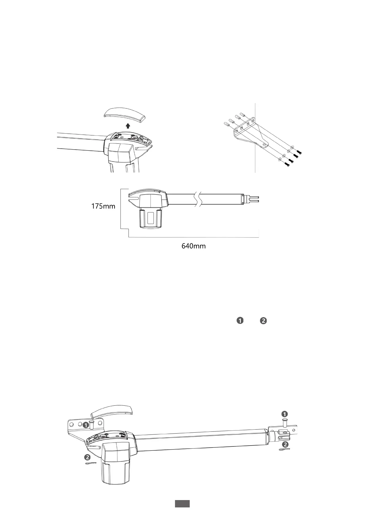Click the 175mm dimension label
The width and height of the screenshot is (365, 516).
pos(103,206)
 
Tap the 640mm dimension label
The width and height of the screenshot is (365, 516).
pos(194,246)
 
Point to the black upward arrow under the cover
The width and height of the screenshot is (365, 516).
pos(128,126)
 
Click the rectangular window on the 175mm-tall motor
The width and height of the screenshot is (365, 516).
pos(150,218)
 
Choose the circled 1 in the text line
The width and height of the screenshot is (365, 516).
pos(240,321)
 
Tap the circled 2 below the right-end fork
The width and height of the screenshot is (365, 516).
pos(285,444)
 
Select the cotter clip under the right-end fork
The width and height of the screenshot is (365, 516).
pos(284,450)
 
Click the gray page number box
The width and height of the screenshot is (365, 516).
pos(182,503)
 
